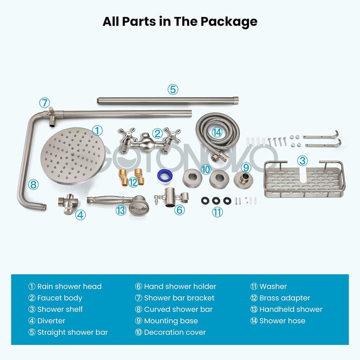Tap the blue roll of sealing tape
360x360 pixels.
pos(164,177)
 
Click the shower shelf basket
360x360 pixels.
pos(304,179)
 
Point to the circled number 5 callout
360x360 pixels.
pos(173,89)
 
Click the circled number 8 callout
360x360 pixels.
pos(33,184)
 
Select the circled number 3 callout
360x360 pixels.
pos(303,160)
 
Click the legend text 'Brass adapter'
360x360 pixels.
pos(284,298)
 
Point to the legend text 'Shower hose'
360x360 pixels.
pos(282,320)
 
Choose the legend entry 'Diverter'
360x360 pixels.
pos(51,320)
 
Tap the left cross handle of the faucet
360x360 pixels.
pos(127,136)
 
